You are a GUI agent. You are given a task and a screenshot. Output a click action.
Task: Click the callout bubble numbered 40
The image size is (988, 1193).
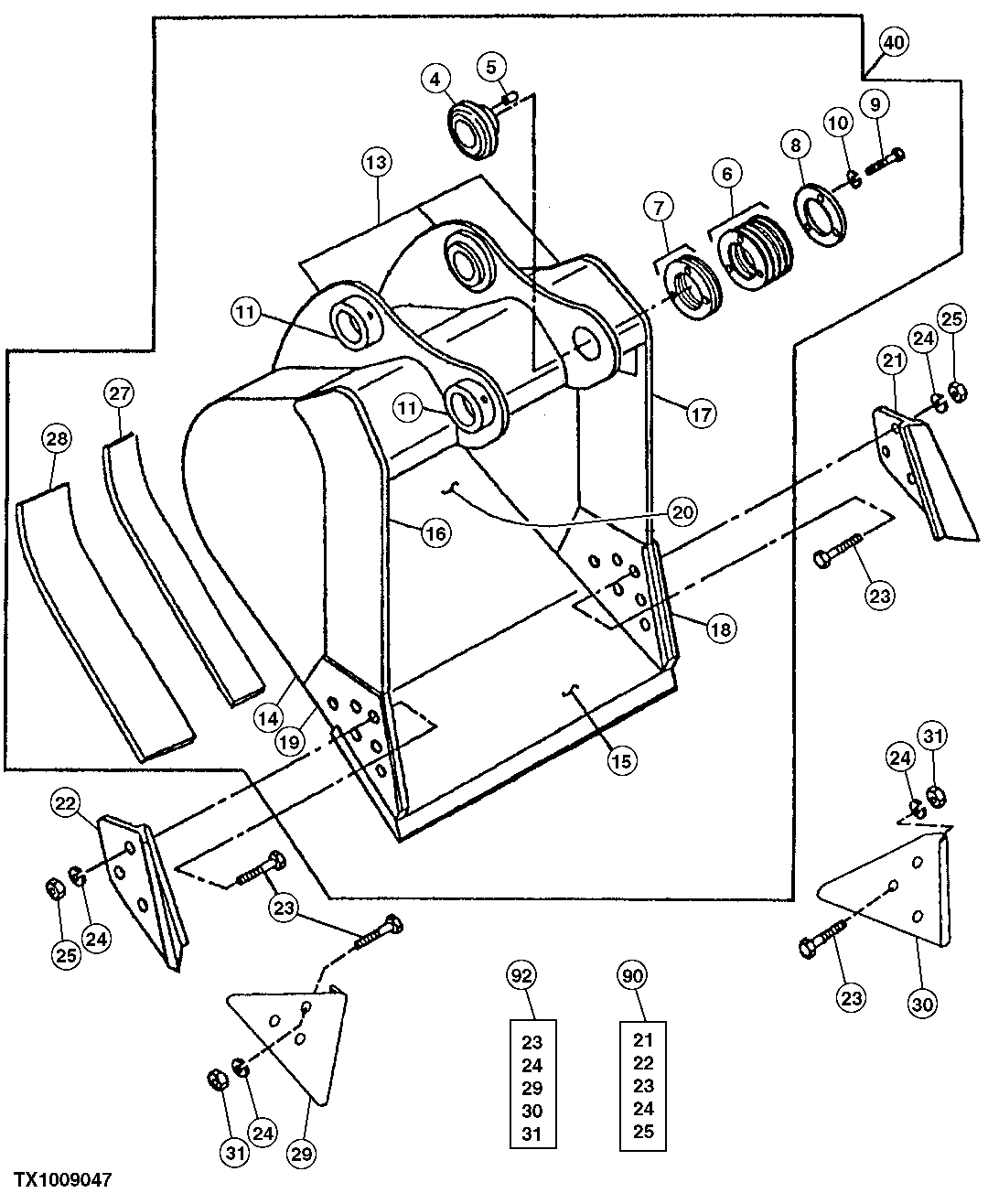(x=894, y=41)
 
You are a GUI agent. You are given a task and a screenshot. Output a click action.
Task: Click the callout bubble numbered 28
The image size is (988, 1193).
(x=57, y=440)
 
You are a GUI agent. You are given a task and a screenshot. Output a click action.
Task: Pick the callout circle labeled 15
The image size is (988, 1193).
(x=621, y=759)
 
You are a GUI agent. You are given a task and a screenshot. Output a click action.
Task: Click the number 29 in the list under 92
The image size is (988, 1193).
(x=532, y=1088)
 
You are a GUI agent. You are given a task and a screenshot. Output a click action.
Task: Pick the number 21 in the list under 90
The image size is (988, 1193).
(x=644, y=1040)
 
